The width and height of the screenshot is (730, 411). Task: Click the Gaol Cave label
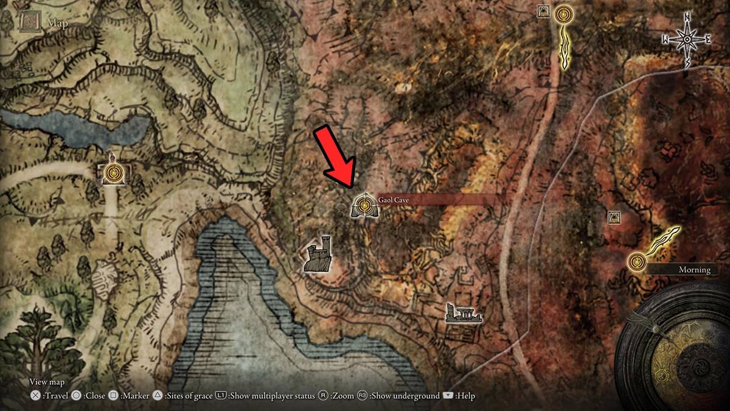[x=389, y=200]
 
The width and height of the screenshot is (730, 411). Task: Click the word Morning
[x=694, y=270]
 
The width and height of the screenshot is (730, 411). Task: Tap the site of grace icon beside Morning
[x=636, y=261]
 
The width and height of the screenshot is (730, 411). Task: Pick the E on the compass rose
[x=708, y=40]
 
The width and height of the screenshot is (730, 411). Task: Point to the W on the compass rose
[x=666, y=40]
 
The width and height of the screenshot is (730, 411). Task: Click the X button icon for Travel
[x=36, y=396]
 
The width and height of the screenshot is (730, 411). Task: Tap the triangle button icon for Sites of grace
[x=157, y=396]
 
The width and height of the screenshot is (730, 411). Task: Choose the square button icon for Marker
[x=113, y=396]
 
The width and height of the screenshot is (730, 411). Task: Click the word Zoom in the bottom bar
[x=343, y=396]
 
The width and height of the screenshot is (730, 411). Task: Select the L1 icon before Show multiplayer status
[x=221, y=396]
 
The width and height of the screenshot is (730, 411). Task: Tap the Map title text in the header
[x=58, y=24]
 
